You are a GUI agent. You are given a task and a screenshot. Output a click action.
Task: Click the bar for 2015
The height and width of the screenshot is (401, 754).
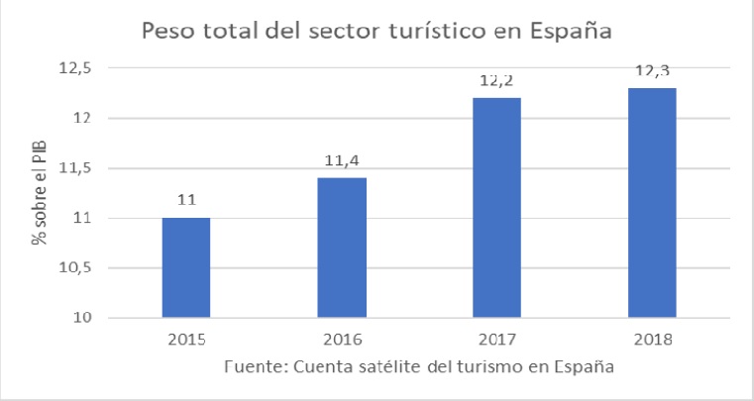(x=186, y=267)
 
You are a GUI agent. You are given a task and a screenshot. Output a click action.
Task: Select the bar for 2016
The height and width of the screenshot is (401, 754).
(x=342, y=248)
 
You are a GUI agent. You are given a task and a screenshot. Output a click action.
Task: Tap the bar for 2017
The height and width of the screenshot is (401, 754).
(x=497, y=208)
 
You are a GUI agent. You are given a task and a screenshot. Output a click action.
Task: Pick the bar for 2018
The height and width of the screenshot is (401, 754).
(x=652, y=203)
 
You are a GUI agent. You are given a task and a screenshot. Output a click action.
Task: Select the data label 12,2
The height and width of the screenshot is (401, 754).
(x=497, y=81)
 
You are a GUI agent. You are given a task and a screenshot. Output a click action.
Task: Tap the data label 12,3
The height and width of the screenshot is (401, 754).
(x=652, y=71)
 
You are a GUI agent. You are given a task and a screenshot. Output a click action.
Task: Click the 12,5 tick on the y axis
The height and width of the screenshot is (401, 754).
(x=84, y=68)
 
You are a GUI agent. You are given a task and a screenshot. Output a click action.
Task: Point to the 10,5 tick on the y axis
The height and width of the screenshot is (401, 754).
(x=84, y=268)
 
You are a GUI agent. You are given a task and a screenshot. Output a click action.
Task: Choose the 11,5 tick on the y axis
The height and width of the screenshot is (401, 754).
(x=84, y=168)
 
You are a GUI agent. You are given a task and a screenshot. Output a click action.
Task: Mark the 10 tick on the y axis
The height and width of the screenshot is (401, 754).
(x=92, y=318)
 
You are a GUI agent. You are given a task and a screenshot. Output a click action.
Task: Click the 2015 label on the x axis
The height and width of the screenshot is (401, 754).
(x=186, y=340)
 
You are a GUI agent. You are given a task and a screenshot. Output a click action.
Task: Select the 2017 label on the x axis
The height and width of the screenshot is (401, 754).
(x=497, y=340)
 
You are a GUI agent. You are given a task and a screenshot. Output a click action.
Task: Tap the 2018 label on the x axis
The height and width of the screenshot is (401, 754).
(x=652, y=340)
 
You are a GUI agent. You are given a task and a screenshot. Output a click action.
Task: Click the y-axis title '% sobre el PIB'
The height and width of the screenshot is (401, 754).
(x=43, y=193)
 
